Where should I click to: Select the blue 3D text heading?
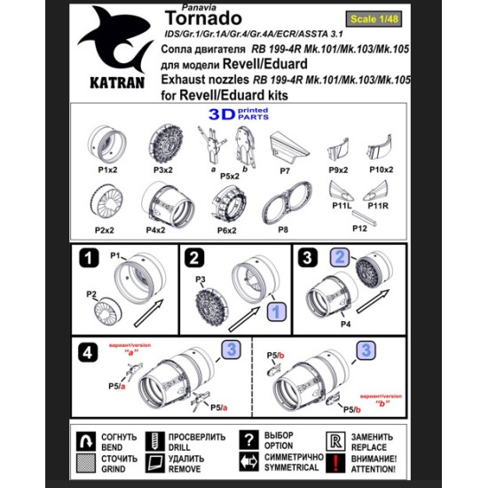tap(223, 114)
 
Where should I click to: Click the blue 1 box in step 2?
tap(275, 311)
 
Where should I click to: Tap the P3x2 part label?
tap(161, 169)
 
